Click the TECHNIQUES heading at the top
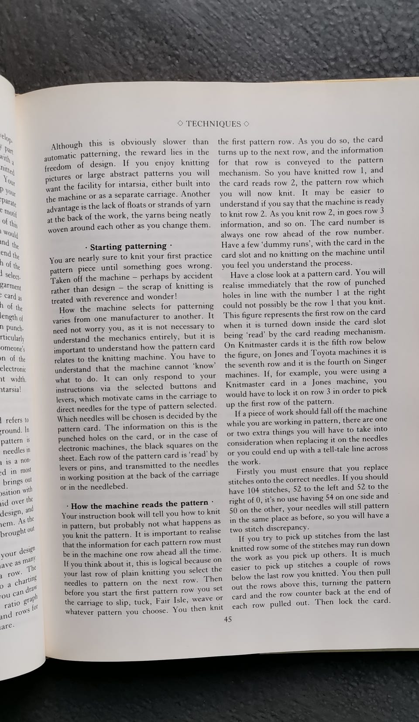(x=213, y=124)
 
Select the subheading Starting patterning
(x=128, y=246)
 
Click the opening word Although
(x=67, y=146)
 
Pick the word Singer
(x=374, y=361)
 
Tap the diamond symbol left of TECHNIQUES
(x=181, y=124)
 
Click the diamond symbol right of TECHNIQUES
(x=246, y=123)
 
